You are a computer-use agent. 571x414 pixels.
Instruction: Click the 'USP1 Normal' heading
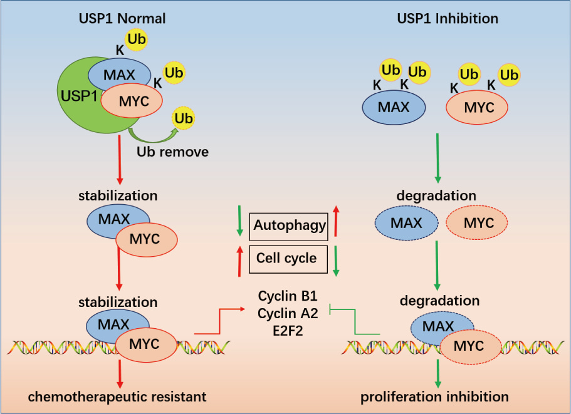point(122,18)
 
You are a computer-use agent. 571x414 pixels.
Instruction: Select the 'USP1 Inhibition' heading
point(448,18)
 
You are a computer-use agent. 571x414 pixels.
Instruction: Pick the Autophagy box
point(289,225)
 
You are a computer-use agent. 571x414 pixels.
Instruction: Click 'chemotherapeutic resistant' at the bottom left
point(117,396)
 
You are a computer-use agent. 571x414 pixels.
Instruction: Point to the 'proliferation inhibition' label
point(435,396)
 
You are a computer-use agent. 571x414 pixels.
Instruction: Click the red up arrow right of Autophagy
point(336,222)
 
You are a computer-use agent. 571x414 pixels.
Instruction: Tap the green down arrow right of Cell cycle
point(336,261)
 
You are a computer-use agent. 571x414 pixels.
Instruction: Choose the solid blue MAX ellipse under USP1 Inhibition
point(394,108)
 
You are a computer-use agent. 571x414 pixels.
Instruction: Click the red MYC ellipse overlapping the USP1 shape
point(132,100)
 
